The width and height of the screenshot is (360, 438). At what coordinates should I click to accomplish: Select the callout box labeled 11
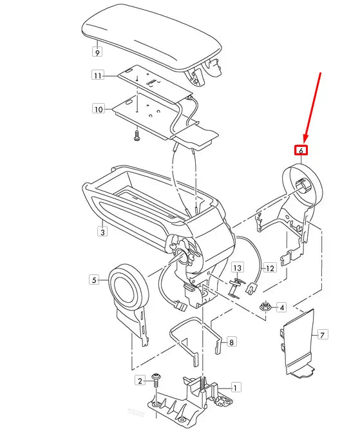(98, 76)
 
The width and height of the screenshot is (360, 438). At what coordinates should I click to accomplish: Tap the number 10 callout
(98, 110)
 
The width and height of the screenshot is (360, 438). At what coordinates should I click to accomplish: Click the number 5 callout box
(94, 280)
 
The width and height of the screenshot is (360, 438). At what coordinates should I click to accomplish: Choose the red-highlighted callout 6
(301, 150)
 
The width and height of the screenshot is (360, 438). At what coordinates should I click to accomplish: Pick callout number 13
(237, 267)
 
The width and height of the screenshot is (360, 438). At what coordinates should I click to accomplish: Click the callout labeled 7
(323, 335)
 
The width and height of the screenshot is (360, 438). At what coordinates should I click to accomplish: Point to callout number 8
(232, 341)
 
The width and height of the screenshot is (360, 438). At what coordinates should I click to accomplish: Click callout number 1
(236, 388)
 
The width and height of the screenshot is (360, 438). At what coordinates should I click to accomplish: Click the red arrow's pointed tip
(305, 141)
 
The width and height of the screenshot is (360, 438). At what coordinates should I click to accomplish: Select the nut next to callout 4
(264, 307)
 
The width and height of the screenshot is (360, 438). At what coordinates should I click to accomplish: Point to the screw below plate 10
(137, 136)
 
